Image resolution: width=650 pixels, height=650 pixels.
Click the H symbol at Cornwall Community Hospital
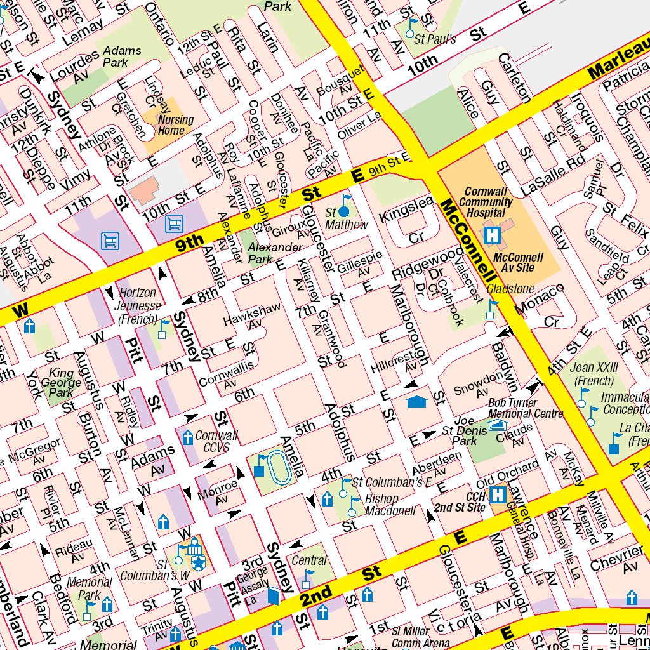pyautogui.click(x=492, y=234)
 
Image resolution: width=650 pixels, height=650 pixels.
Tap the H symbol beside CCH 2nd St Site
pyautogui.click(x=499, y=493)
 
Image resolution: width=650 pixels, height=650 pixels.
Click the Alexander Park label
pyautogui.click(x=274, y=252)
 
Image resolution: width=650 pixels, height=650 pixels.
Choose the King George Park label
pyautogui.click(x=61, y=383)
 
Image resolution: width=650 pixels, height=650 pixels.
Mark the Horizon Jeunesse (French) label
pyautogui.click(x=138, y=305)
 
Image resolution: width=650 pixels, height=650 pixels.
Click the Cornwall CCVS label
pyautogui.click(x=216, y=441)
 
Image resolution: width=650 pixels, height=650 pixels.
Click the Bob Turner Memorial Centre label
pyautogui.click(x=525, y=408)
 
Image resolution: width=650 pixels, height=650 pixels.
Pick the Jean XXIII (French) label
pyautogui.click(x=594, y=374)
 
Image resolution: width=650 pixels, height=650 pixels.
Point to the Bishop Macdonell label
pyautogui.click(x=390, y=505)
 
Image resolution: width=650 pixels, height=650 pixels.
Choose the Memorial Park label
pyautogui.click(x=89, y=588)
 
